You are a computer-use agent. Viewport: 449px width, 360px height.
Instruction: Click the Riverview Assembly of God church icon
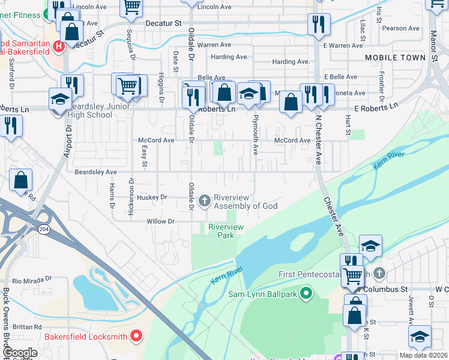[205, 200]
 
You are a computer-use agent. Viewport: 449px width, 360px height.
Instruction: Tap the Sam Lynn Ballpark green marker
[306, 294]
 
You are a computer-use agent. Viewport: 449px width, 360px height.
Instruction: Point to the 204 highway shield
[44, 229]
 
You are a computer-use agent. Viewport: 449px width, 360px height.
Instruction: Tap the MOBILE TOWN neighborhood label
[394, 57]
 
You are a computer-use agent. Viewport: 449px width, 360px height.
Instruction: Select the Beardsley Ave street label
[95, 172]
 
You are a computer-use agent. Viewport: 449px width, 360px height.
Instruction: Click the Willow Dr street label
[160, 221]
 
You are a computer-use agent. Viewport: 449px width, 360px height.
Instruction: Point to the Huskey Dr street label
[151, 197]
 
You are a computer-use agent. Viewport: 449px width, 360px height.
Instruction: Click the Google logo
[19, 353]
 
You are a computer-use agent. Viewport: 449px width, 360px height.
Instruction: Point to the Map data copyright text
[423, 355]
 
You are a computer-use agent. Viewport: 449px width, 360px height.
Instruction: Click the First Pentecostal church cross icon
[378, 274]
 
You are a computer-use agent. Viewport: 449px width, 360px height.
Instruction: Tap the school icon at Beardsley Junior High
[60, 99]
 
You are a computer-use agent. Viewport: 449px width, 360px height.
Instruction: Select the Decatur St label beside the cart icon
[163, 23]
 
